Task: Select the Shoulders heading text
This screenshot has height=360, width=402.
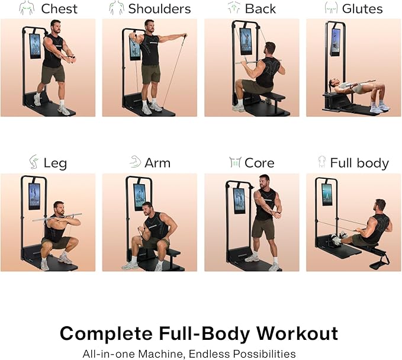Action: (x=159, y=8)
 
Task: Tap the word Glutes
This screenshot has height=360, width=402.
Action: (x=362, y=8)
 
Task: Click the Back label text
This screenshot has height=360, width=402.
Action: (x=260, y=8)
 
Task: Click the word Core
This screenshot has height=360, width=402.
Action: (x=260, y=163)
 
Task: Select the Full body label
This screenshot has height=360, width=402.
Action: (x=359, y=163)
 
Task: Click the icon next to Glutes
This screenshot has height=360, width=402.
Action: (x=331, y=8)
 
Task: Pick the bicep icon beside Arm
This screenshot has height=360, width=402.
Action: (x=135, y=162)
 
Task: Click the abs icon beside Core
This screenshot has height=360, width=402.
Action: (x=235, y=162)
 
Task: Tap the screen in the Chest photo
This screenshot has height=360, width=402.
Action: (x=35, y=46)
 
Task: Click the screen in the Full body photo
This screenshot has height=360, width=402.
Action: (x=327, y=194)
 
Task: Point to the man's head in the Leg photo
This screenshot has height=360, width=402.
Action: (x=59, y=208)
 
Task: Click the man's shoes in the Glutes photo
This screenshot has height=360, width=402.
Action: (x=379, y=107)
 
